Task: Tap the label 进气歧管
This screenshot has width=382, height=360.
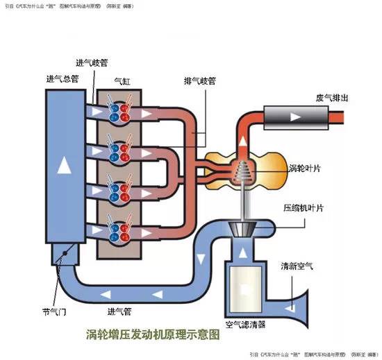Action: (92, 62)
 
